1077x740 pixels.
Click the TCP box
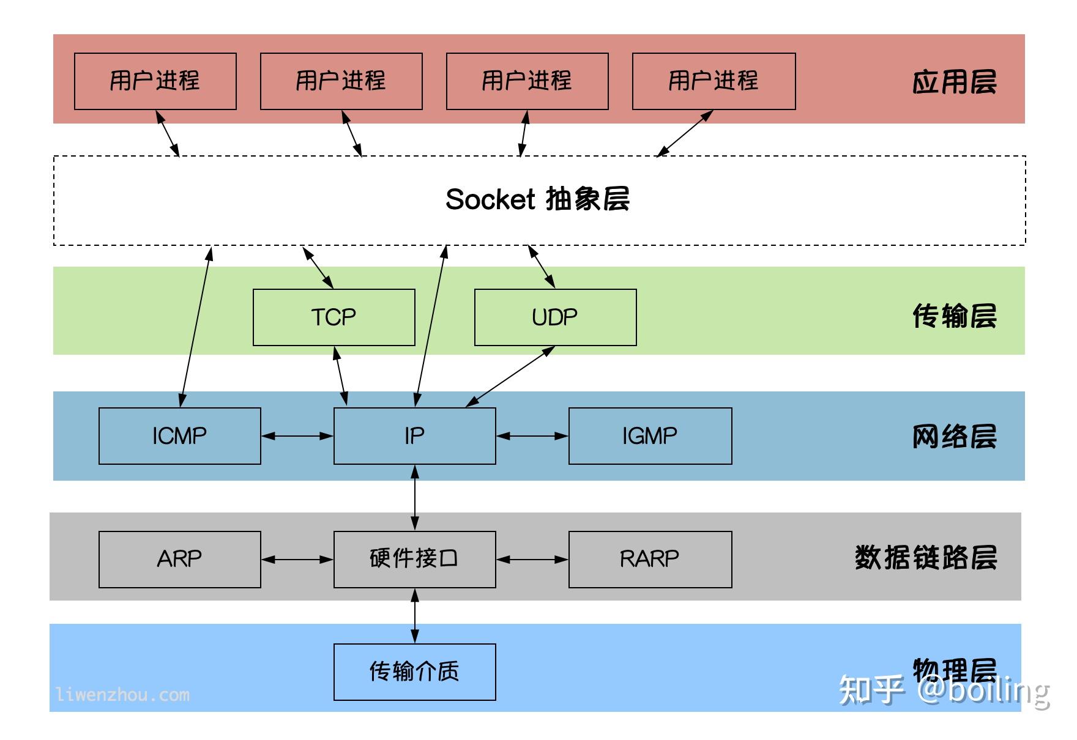[x=334, y=317]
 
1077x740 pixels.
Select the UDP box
[x=555, y=317]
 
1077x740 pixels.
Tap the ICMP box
[x=179, y=436]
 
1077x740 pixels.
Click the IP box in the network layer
[x=414, y=436]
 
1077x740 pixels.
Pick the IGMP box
[x=650, y=436]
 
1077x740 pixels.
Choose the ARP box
[x=179, y=559]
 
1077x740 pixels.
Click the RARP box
[x=650, y=559]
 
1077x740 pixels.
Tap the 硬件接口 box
[x=414, y=559]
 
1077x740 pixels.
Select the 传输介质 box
[x=414, y=672]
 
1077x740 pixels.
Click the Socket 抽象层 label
[x=537, y=199]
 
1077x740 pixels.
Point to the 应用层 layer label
[x=954, y=82]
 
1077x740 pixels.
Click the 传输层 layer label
[x=954, y=316]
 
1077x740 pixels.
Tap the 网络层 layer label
[x=954, y=437]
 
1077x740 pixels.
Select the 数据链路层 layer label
[x=925, y=558]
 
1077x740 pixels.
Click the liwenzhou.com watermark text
[x=122, y=695]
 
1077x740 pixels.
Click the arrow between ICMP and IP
[x=297, y=436]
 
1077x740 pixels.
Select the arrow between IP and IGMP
[x=532, y=436]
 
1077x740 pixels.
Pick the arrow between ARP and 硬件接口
[x=297, y=559]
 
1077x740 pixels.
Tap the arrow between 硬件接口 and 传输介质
[x=415, y=616]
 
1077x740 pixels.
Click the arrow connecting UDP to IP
[x=510, y=376]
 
